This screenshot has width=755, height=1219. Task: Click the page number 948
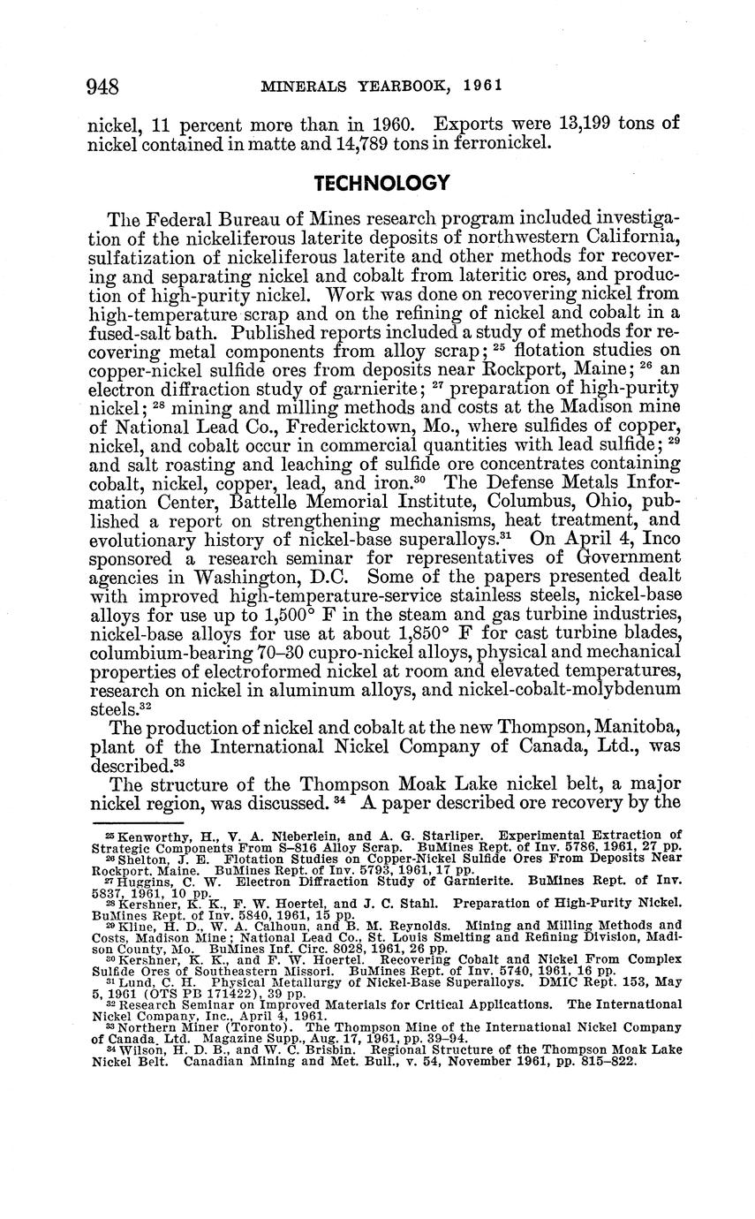click(102, 87)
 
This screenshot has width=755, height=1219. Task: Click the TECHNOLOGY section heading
click(382, 183)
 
